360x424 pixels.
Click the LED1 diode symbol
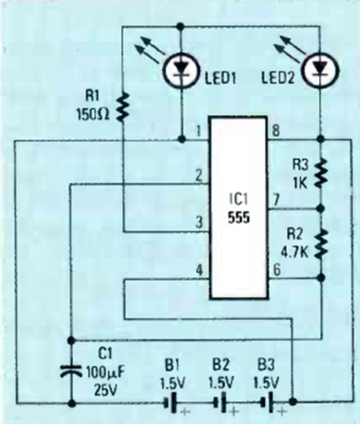(182, 70)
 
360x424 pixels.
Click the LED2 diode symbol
(321, 71)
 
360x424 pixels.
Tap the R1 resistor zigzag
(123, 106)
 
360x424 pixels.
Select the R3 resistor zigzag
(321, 173)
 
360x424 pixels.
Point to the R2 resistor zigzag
(321, 244)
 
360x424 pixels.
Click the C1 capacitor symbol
(71, 371)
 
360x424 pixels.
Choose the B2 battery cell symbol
(220, 403)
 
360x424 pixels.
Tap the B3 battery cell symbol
(267, 403)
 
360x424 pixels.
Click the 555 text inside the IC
(238, 217)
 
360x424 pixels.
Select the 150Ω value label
(94, 114)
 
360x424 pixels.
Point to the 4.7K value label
(295, 253)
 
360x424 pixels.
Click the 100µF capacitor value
(105, 373)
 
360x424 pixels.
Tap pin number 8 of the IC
(276, 131)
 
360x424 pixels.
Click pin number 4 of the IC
(199, 270)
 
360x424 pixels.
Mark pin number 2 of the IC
(199, 175)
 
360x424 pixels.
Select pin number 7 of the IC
(276, 200)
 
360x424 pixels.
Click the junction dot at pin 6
(321, 278)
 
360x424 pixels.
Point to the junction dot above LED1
(181, 26)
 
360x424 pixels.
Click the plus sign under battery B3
(281, 412)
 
